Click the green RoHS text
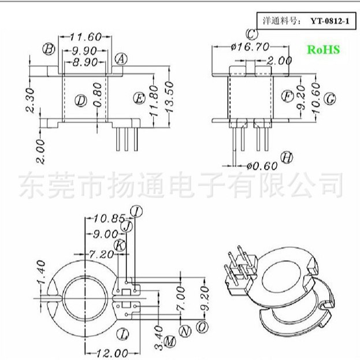pyautogui.click(x=323, y=50)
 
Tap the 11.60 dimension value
pyautogui.click(x=85, y=36)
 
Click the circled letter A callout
pyautogui.click(x=120, y=59)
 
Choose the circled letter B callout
pyautogui.click(x=49, y=50)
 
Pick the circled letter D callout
pyautogui.click(x=81, y=101)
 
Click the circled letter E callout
pyautogui.click(x=139, y=98)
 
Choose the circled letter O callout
pyautogui.click(x=202, y=327)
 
